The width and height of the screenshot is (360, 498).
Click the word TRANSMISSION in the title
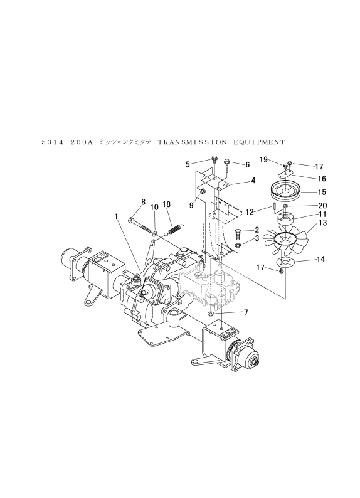tap(193, 142)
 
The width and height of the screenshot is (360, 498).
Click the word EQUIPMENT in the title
tap(259, 142)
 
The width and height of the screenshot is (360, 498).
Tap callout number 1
tap(117, 216)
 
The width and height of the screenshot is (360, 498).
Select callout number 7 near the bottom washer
tap(246, 313)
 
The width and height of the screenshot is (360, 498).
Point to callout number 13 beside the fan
tap(322, 223)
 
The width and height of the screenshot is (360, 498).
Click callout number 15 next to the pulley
tap(322, 192)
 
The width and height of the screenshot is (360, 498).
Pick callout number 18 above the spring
tap(167, 204)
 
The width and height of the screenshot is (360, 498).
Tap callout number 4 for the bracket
tap(253, 181)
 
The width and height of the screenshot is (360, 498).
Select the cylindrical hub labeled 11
tap(285, 219)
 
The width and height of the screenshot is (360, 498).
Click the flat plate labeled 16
tap(285, 172)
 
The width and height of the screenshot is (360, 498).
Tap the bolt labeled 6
tap(228, 166)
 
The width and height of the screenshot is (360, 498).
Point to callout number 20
tap(323, 206)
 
